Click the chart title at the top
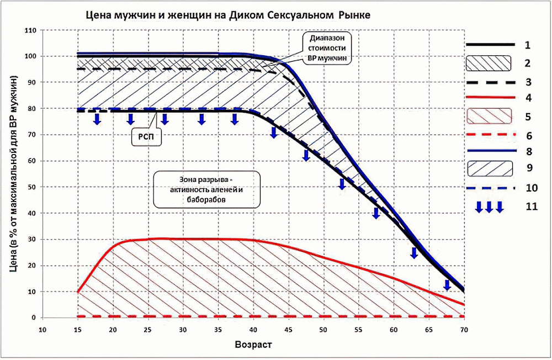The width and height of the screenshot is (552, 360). click(x=228, y=15)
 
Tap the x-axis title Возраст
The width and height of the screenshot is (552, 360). click(x=253, y=345)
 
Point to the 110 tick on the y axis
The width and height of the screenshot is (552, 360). click(x=30, y=31)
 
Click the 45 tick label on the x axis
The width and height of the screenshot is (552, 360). click(x=288, y=330)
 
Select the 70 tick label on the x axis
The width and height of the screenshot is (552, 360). click(x=464, y=330)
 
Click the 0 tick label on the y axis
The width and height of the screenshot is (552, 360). click(x=34, y=317)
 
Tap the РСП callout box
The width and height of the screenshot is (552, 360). click(x=146, y=137)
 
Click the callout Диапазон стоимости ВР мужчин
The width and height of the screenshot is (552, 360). click(x=327, y=48)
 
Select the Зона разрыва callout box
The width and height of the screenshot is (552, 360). click(x=207, y=189)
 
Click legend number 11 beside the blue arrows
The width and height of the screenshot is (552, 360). click(x=532, y=207)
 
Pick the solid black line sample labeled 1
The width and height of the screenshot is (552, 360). click(x=490, y=45)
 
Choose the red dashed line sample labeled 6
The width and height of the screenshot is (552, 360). click(x=491, y=135)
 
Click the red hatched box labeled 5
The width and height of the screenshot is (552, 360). click(x=489, y=116)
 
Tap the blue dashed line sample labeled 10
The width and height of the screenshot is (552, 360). click(x=491, y=188)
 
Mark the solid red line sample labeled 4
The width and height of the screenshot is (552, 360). click(x=491, y=97)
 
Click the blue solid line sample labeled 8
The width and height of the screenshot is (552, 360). click(x=491, y=151)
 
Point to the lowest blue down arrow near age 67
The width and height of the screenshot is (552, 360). click(x=447, y=285)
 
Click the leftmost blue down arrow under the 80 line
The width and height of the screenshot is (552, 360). click(x=97, y=119)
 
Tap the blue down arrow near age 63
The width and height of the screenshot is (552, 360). click(x=415, y=253)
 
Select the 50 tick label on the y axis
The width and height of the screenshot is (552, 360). click(x=31, y=187)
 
